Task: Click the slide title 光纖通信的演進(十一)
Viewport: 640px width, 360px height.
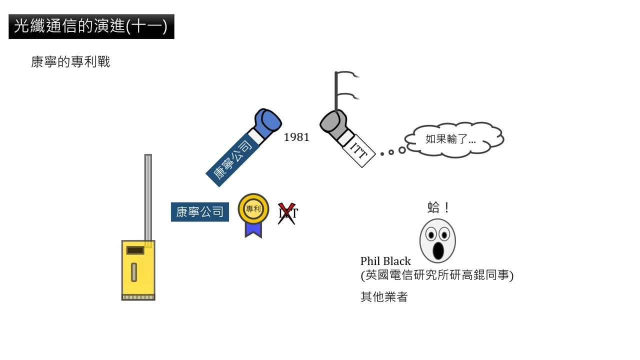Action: click(x=91, y=26)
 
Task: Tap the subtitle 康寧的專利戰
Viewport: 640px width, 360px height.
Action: click(x=70, y=62)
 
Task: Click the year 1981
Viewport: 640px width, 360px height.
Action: click(x=296, y=137)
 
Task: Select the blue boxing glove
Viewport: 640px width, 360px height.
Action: click(x=267, y=122)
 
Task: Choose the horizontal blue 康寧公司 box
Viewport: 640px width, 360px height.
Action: click(x=199, y=212)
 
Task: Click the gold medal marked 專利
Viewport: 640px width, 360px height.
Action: click(x=253, y=208)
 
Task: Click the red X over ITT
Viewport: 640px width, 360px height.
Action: click(x=287, y=213)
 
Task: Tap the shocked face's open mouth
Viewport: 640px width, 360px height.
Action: click(x=438, y=250)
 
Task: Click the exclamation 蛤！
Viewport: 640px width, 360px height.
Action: click(x=438, y=207)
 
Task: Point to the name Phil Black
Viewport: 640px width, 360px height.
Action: click(x=385, y=261)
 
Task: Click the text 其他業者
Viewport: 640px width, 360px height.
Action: click(x=384, y=297)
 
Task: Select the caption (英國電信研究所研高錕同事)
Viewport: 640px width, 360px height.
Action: click(x=437, y=275)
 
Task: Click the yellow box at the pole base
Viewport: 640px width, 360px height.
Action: click(x=138, y=270)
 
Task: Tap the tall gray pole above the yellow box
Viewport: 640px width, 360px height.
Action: click(x=148, y=195)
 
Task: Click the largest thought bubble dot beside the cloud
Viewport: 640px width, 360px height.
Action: click(x=401, y=150)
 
